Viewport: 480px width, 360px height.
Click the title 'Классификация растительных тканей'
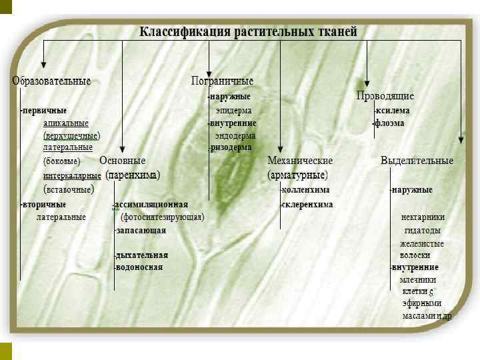[x=248, y=31]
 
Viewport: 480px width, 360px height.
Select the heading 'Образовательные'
[x=51, y=81]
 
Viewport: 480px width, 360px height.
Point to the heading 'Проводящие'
[x=385, y=96]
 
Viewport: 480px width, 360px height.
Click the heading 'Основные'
[x=122, y=161]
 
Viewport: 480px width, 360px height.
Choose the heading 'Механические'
[x=300, y=161]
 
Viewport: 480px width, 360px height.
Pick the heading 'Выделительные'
[x=417, y=161]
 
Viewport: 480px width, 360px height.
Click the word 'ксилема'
[x=393, y=111]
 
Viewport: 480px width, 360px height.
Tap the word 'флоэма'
[x=390, y=123]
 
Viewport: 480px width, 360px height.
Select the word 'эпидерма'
[x=233, y=111]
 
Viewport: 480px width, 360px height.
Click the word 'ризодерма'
[x=231, y=147]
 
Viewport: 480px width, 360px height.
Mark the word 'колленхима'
[x=305, y=190]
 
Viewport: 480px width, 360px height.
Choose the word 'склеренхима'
[x=307, y=205]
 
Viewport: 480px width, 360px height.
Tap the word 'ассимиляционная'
[x=152, y=205]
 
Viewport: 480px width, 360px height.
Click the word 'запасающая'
[x=141, y=231]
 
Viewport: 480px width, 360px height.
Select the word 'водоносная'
[x=139, y=267]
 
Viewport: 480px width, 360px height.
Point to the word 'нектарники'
[x=423, y=217]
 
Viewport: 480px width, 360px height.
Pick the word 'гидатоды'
[x=422, y=231]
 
